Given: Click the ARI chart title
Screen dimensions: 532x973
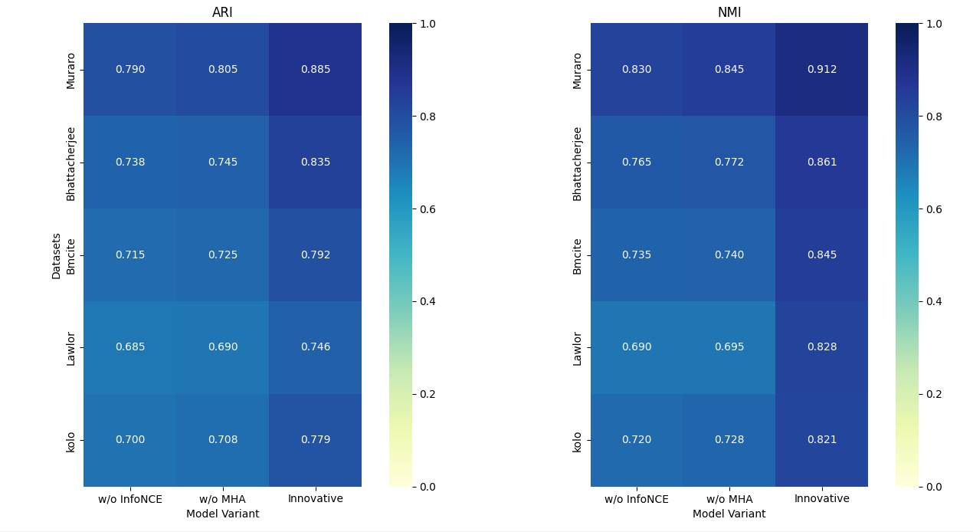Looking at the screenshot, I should click(222, 12).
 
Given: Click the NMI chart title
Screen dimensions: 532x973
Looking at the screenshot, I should click(729, 12).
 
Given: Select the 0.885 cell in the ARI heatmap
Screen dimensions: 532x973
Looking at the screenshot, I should click(315, 70).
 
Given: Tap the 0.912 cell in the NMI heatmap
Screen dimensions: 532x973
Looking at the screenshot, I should click(821, 70).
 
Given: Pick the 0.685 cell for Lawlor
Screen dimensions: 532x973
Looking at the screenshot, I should click(130, 347).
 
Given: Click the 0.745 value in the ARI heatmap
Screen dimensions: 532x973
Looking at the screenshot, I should click(222, 163).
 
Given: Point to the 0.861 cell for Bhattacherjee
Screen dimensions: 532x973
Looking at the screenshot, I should click(821, 163).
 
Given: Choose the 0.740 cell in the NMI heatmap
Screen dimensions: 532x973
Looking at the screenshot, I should click(729, 255).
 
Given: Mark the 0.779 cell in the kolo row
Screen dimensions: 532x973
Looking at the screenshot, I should click(315, 440).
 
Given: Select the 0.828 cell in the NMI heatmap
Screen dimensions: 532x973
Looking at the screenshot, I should click(821, 347).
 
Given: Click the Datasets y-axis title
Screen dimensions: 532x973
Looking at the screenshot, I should click(57, 255).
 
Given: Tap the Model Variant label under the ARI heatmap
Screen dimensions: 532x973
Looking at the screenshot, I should click(222, 514).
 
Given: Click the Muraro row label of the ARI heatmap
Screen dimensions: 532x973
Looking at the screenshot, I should click(71, 70).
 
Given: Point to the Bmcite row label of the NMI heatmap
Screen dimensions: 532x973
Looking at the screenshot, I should click(578, 255).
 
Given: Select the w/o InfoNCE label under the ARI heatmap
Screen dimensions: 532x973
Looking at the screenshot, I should click(130, 499).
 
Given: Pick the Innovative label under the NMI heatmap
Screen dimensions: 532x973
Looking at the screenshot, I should click(821, 499).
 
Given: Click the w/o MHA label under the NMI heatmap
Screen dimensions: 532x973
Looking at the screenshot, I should click(729, 499).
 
